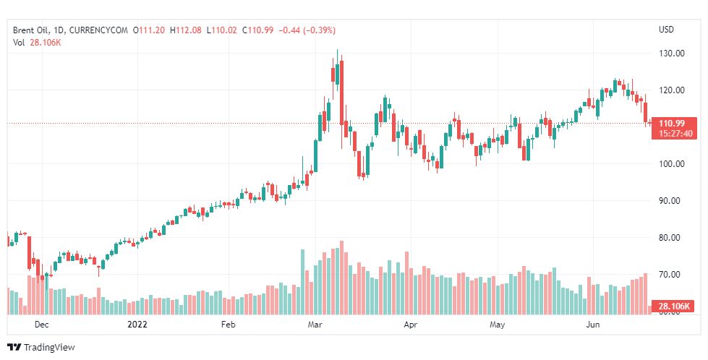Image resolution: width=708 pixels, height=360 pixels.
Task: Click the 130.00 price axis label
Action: click(672, 53)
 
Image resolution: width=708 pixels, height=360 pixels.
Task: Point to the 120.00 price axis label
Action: click(672, 90)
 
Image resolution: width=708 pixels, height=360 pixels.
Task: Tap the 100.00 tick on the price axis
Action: click(672, 164)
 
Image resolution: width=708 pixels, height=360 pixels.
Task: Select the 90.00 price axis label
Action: click(672, 201)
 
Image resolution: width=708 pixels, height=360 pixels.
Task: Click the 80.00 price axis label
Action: click(672, 238)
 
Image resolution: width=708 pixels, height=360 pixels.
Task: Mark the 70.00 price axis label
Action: click(672, 275)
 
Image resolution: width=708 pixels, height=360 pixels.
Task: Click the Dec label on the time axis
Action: click(41, 325)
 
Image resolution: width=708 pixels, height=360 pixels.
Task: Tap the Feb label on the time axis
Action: click(229, 325)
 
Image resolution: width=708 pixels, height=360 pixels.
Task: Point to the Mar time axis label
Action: click(315, 325)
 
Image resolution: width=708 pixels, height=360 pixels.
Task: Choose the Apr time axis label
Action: click(410, 325)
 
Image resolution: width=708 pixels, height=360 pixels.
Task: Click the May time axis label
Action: click(497, 325)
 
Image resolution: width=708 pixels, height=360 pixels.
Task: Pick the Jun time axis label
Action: click(592, 325)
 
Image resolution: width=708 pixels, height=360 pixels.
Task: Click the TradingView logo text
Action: click(49, 348)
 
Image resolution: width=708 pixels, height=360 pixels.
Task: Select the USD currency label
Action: click(666, 30)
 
